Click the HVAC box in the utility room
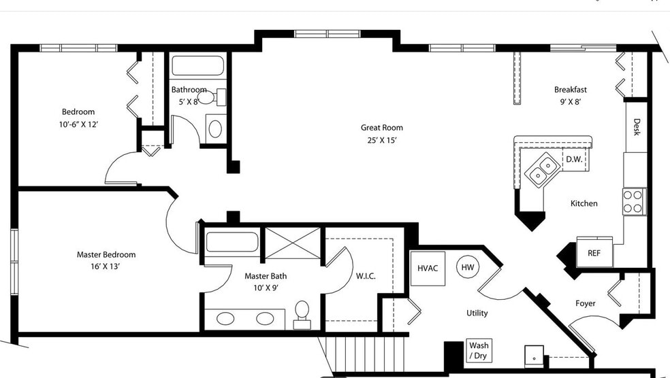coord(428,268)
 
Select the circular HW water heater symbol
coord(468,267)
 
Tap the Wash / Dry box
coord(478,351)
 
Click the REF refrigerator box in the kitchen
coord(594,253)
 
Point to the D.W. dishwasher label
coord(573,159)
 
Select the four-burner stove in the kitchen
coord(634,201)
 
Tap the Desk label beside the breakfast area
coord(637,127)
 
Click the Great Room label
coord(381,127)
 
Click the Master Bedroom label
coord(106,254)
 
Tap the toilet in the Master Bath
coord(302,313)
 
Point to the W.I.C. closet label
coord(366,276)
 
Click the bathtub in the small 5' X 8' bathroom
coord(197,66)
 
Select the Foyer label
coord(585,303)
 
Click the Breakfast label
coord(570,89)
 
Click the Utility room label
coord(477,313)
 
